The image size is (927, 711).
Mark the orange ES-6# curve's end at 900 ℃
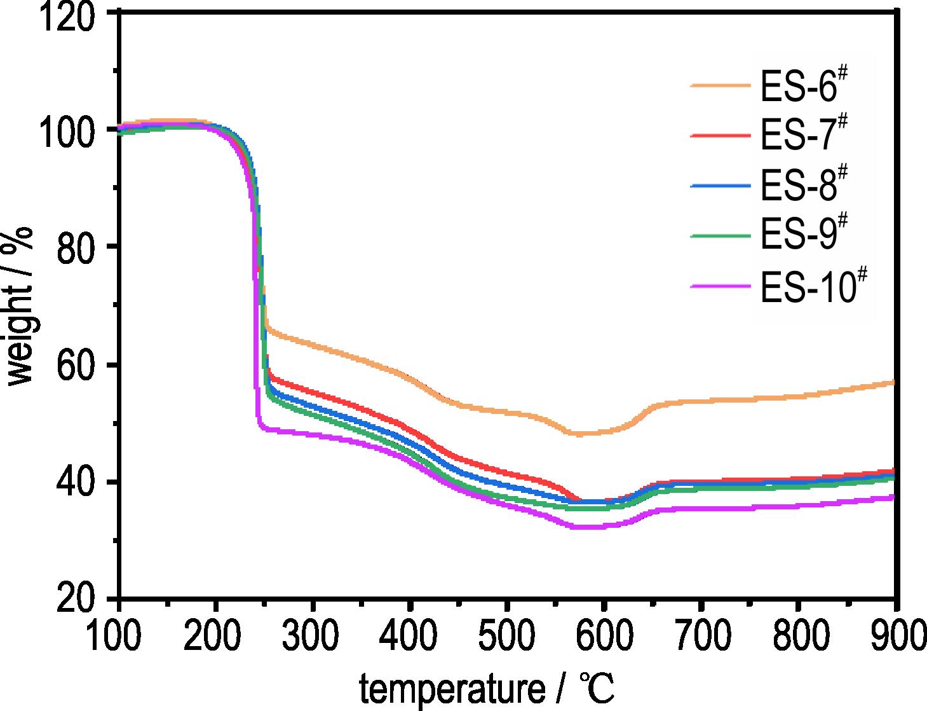[x=893, y=382]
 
